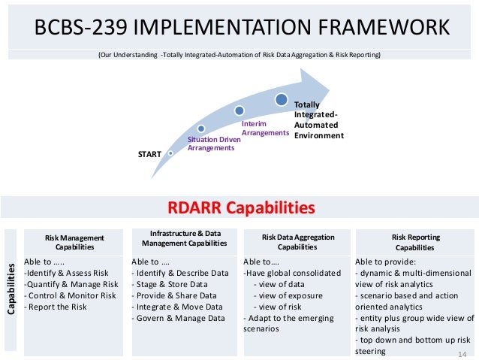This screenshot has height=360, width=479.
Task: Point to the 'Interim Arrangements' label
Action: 264,128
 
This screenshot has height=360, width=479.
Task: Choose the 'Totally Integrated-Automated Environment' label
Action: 318,120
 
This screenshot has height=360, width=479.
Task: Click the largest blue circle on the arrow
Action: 281,98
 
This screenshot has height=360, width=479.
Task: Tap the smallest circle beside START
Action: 171,153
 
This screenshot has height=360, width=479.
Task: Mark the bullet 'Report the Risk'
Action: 56,307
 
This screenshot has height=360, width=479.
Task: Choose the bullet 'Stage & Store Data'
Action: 172,284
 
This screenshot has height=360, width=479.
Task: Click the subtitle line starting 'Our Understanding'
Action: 239,55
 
